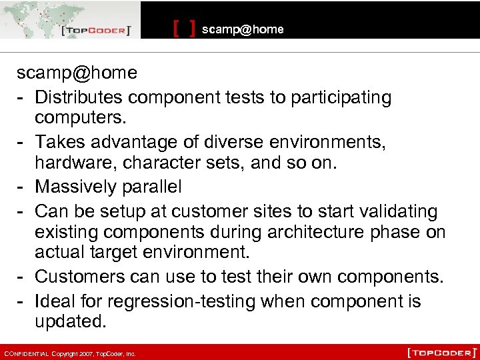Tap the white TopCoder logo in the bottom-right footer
pos(442,351)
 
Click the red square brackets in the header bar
pos(184,29)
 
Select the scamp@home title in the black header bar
pos(243,29)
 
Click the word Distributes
pos(79,97)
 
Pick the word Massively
pos(77,187)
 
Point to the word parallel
pos(152,187)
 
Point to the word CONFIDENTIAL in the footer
pos(27,353)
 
